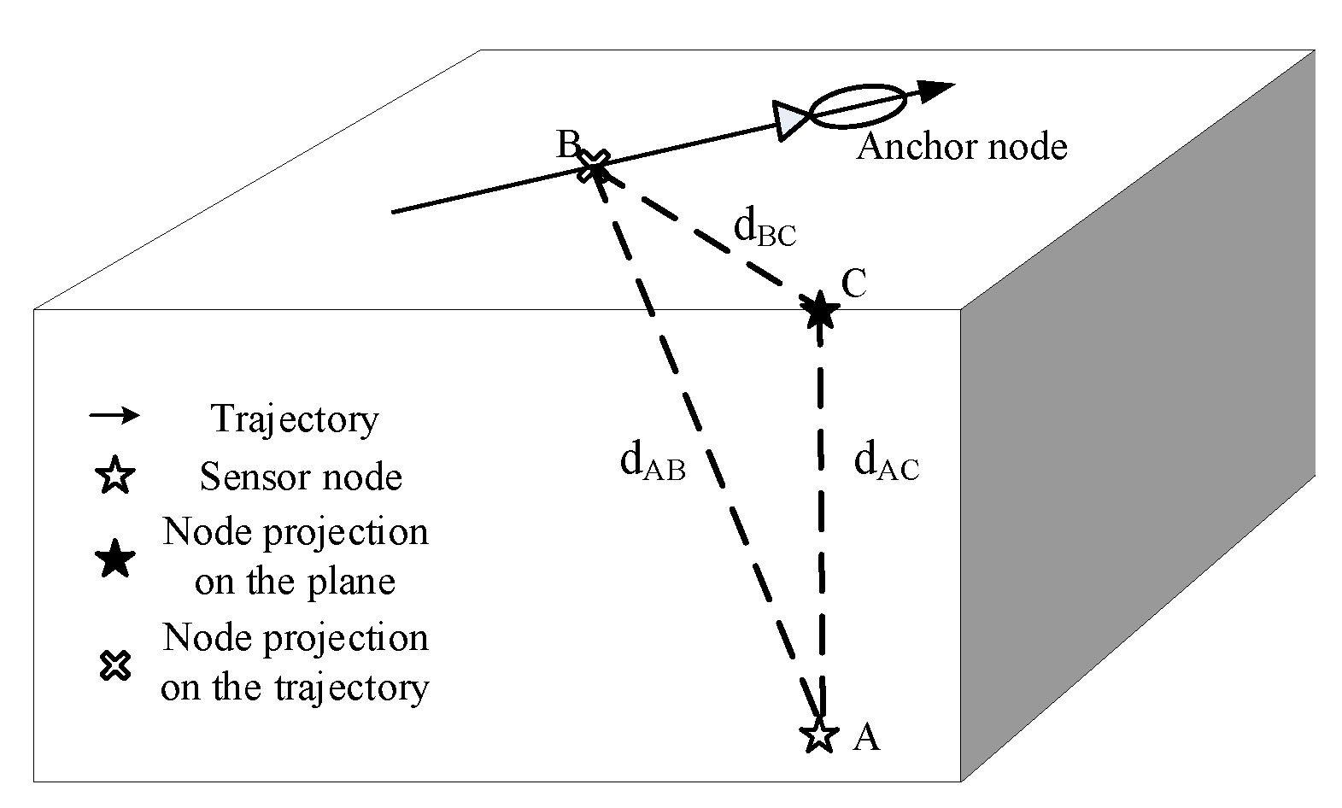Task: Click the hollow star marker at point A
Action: click(x=819, y=735)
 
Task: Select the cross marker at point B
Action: click(x=595, y=166)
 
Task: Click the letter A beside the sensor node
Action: click(x=866, y=737)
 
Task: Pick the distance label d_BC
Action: click(x=765, y=228)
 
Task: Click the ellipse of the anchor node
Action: click(x=857, y=106)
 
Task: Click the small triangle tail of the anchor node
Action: click(x=789, y=121)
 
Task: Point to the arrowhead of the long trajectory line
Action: click(x=935, y=91)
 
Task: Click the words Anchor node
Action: click(x=962, y=147)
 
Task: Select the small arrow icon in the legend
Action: click(x=114, y=415)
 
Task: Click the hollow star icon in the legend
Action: click(x=115, y=475)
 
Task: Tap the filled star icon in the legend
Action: click(x=115, y=559)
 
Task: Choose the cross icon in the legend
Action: click(x=115, y=665)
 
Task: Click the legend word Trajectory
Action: click(x=295, y=419)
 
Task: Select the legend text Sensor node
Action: click(x=301, y=477)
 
